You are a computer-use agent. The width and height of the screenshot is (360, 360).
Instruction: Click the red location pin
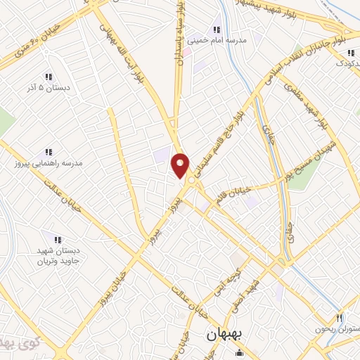point(181,166)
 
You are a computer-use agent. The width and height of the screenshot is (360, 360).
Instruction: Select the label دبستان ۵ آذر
point(48,91)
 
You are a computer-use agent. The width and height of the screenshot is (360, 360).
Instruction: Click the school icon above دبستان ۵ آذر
point(48,77)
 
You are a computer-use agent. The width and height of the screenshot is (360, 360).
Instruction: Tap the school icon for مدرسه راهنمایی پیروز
point(49,151)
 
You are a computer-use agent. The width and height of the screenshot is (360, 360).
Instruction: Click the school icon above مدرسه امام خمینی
point(217,30)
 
